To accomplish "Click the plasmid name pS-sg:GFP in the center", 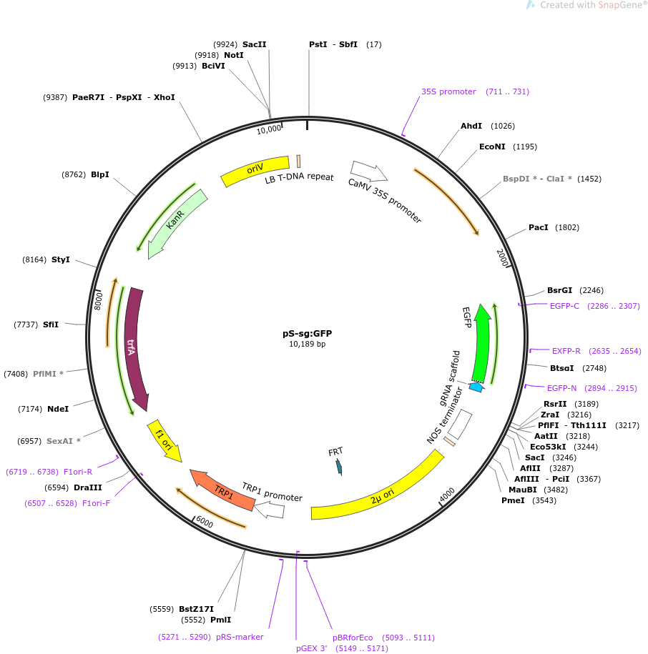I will (x=307, y=333).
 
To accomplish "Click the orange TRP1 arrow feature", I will (x=222, y=490).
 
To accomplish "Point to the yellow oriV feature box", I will (x=255, y=171).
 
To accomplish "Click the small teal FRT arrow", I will (x=339, y=467).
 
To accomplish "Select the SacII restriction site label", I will (x=254, y=44).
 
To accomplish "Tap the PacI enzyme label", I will (x=538, y=227).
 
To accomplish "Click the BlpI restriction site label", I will (x=100, y=174).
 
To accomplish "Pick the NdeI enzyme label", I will (x=58, y=409).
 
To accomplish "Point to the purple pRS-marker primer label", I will (x=240, y=637).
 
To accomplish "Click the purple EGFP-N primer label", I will (x=561, y=388).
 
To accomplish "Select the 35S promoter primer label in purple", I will (x=448, y=91).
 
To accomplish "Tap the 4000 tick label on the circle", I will (x=447, y=494).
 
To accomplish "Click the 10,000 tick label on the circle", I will (x=270, y=129).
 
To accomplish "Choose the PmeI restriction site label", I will (x=514, y=500).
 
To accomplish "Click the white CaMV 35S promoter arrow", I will (x=369, y=171).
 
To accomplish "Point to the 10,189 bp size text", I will (x=307, y=345).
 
